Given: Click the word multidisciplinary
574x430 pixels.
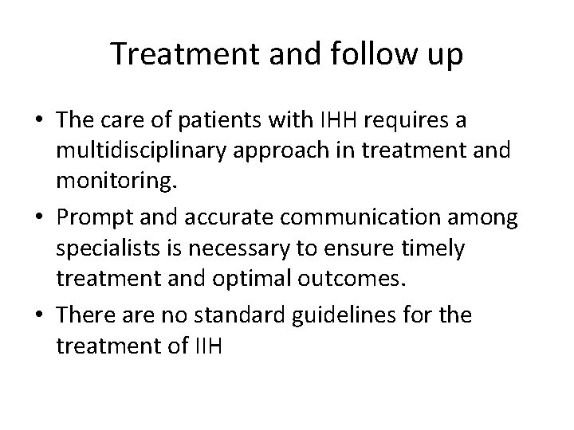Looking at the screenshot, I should click(x=167, y=151).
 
